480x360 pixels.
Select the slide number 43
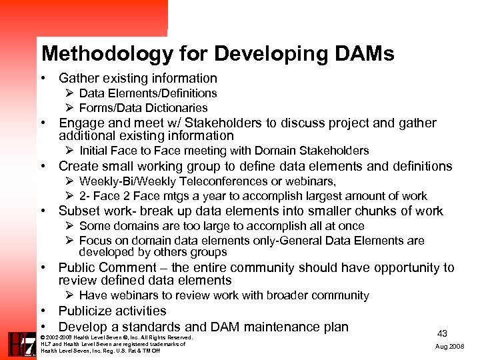(x=442, y=333)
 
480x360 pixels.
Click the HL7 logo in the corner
(x=20, y=344)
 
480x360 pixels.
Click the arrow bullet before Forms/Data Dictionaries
(x=69, y=108)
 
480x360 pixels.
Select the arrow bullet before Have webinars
(x=69, y=295)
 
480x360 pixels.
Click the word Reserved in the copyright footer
(x=177, y=337)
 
